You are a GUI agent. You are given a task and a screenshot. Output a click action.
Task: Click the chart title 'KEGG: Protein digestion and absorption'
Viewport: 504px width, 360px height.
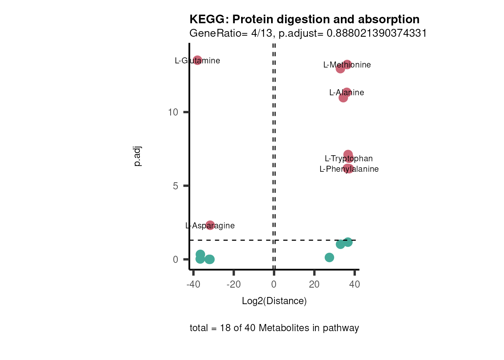coord(304,19)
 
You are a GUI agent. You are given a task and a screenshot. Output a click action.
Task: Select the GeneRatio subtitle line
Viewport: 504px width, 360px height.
coord(308,33)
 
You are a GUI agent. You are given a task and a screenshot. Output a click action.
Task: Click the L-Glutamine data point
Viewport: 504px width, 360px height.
coord(198,60)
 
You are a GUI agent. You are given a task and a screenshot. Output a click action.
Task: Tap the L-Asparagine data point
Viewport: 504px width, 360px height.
coord(210,225)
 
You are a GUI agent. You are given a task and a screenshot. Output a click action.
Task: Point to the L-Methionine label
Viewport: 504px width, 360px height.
coord(347,65)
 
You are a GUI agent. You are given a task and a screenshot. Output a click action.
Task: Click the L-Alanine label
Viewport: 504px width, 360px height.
coord(346,93)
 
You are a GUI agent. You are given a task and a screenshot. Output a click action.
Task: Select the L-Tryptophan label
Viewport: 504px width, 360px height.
coord(349,159)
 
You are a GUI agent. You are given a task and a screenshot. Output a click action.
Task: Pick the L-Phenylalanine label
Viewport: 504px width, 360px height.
coord(349,169)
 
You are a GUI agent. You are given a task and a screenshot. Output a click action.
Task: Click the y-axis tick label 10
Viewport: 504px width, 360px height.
coord(173,112)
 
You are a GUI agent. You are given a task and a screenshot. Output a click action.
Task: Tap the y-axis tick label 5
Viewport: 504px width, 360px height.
coord(175,186)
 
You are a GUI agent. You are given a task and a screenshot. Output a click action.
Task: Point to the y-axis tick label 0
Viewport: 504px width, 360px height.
coord(175,259)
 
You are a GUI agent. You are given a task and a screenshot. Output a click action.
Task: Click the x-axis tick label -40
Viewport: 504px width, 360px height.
coord(193,285)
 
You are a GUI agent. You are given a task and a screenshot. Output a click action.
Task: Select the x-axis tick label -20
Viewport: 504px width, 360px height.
coord(234,285)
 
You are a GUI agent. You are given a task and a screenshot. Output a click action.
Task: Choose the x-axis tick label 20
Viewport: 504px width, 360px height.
coord(314,285)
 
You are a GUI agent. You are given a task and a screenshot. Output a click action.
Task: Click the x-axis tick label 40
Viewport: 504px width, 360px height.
coord(354,285)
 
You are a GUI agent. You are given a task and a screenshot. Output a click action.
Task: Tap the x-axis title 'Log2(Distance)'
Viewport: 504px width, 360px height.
coord(274,301)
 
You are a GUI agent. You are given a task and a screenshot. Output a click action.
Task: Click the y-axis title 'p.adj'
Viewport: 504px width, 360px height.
coord(138,156)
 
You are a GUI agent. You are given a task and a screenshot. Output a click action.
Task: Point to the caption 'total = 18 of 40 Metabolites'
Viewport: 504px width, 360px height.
coord(274,328)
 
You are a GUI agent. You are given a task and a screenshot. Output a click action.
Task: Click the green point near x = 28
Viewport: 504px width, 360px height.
coord(329,257)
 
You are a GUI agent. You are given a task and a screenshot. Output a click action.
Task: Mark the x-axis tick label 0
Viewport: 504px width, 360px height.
coord(274,285)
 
